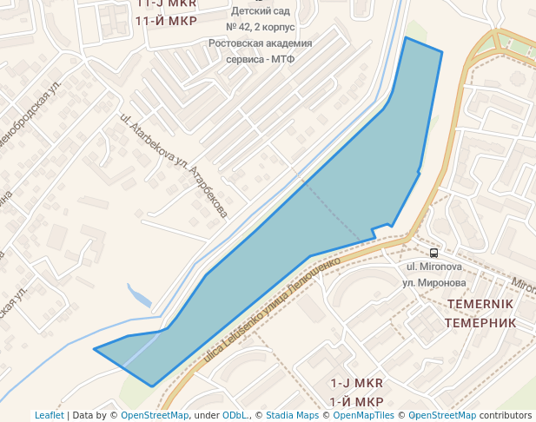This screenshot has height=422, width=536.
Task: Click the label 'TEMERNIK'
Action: (480, 304)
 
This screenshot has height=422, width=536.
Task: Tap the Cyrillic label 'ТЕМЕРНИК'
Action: (480, 322)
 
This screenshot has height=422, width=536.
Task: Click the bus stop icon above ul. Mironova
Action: (434, 252)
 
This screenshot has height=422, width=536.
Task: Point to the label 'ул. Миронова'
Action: (433, 283)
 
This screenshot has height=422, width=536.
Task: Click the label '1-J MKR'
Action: (356, 383)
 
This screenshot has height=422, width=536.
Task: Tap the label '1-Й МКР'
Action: (356, 401)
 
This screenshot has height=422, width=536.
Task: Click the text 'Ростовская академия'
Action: (261, 43)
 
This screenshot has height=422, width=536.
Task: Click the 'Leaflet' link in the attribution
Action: (49, 415)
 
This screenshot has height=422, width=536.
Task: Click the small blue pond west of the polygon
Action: (139, 296)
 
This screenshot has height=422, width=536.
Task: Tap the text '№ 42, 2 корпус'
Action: (261, 27)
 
